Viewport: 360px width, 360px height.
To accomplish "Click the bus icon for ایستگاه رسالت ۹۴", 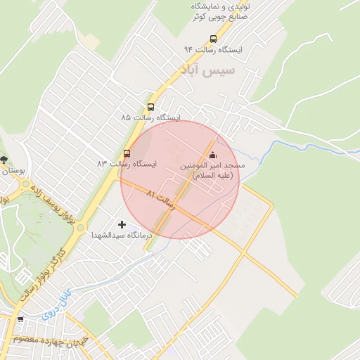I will pos(213,39).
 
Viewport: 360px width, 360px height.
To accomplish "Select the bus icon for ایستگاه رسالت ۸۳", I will pos(127,153).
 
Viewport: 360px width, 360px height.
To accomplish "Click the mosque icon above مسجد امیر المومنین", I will pos(213,155).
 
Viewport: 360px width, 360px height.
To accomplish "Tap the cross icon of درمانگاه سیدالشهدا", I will pos(122,224).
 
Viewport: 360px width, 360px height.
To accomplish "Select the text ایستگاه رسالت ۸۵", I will pos(151,117).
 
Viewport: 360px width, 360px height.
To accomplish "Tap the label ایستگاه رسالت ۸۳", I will pos(127,164).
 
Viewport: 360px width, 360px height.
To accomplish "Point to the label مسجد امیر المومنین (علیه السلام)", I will pos(212,170).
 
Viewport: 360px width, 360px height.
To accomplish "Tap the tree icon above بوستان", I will pos(4,160).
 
